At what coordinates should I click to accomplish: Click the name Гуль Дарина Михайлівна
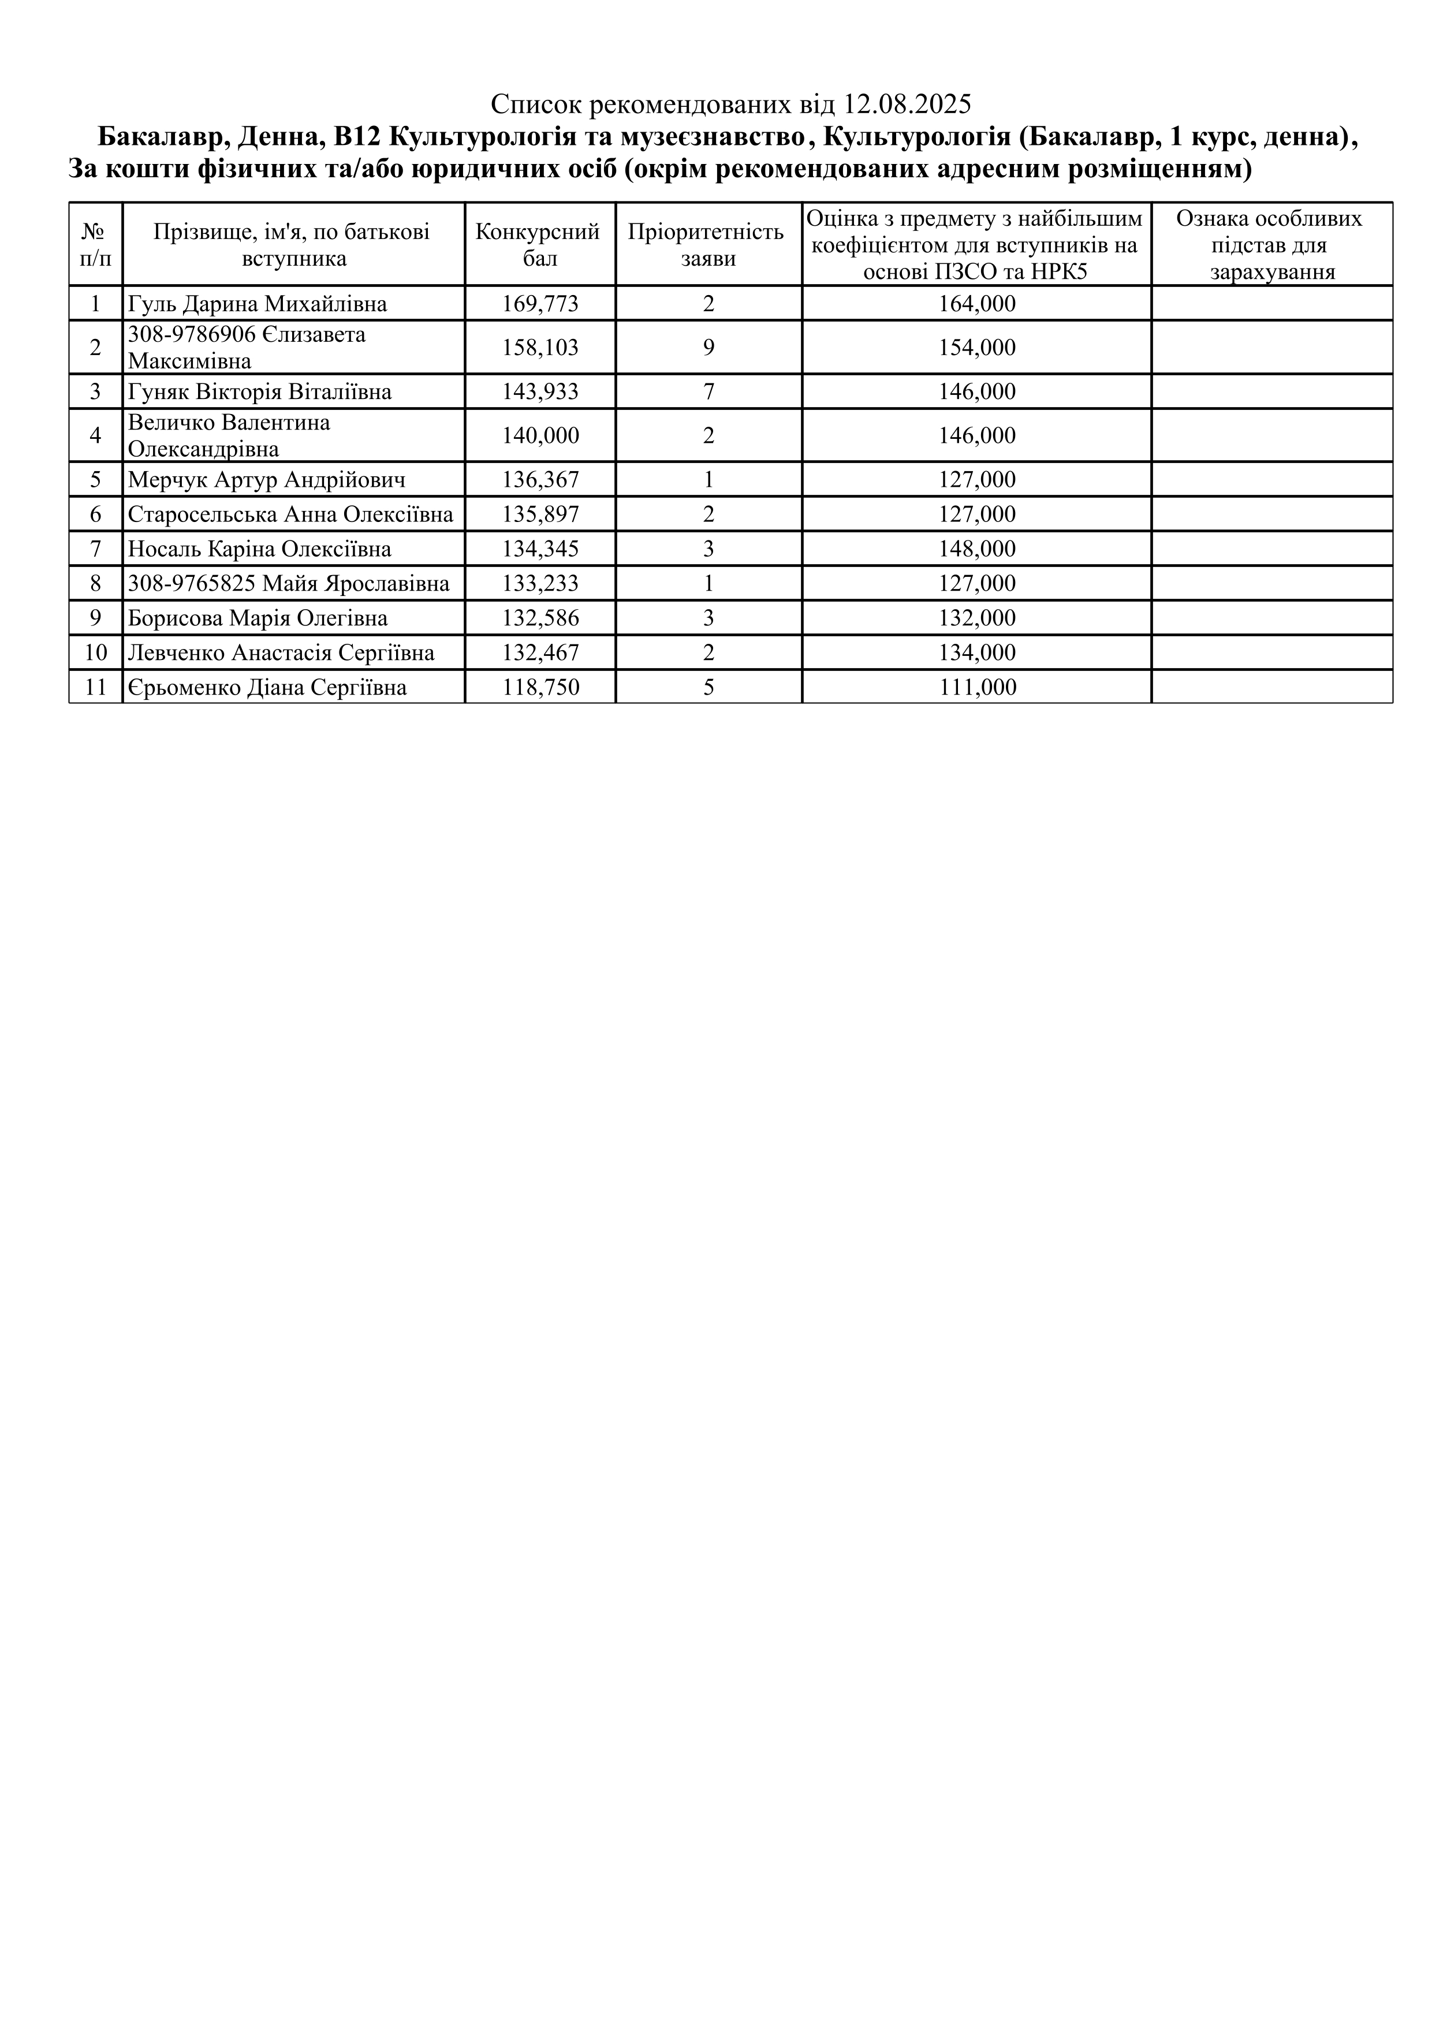point(258,304)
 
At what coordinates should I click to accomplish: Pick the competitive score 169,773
point(540,304)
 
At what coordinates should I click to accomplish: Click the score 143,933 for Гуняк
point(540,391)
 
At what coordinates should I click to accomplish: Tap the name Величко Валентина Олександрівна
point(229,436)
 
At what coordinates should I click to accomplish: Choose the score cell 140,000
point(540,436)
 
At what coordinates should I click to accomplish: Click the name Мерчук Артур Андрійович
point(266,480)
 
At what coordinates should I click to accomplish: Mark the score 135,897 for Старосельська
point(540,514)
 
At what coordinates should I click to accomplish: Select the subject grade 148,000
point(977,550)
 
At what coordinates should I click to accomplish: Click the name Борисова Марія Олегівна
point(258,618)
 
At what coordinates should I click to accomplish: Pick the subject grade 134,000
point(977,652)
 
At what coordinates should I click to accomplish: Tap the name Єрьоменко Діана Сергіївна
point(267,687)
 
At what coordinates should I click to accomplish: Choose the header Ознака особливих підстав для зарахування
point(1271,244)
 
